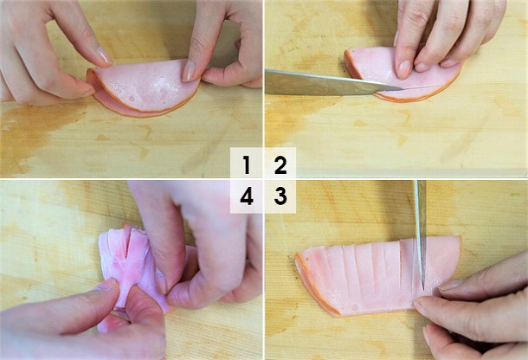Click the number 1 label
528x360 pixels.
[x=247, y=164]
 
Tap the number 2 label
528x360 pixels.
[x=280, y=164]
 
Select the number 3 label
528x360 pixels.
[x=280, y=197]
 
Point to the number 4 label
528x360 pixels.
[x=247, y=197]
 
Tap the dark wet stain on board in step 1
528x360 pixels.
[x=35, y=138]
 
